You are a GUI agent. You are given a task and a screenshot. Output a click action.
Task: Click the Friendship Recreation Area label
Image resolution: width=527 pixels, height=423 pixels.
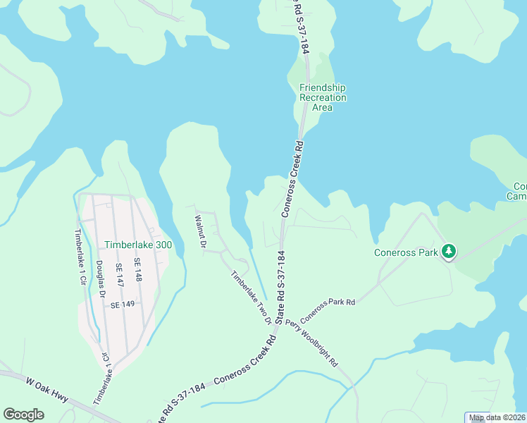click(x=323, y=97)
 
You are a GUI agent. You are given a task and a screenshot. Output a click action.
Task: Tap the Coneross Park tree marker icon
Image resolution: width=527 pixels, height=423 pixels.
click(x=448, y=252)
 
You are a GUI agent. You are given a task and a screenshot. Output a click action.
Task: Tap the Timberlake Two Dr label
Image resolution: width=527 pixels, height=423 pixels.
click(x=252, y=297)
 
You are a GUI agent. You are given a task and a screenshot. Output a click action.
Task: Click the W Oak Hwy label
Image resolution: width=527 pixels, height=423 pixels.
click(x=48, y=391)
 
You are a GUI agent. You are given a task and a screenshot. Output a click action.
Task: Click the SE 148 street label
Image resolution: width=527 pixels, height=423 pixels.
click(x=138, y=272)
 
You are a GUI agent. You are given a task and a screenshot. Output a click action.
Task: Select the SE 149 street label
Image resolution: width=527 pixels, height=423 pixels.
click(x=123, y=305)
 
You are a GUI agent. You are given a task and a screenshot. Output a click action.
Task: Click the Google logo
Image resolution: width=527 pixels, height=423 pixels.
click(x=23, y=415)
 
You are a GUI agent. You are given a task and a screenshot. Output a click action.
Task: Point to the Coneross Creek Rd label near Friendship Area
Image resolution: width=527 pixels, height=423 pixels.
click(x=292, y=178)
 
